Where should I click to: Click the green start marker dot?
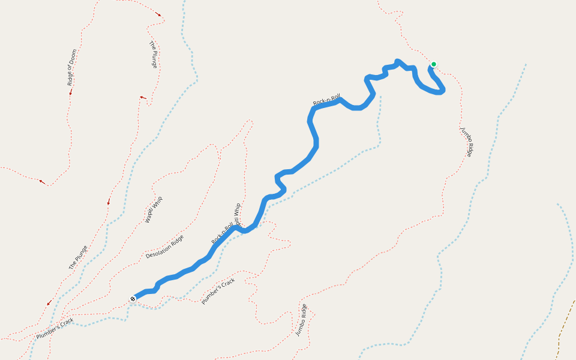pyautogui.click(x=434, y=64)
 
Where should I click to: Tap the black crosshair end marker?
pyautogui.click(x=133, y=298)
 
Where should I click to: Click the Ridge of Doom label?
pyautogui.click(x=72, y=67)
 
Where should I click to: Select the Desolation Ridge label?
pyautogui.click(x=164, y=247)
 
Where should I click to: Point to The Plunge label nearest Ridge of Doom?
pyautogui.click(x=153, y=54)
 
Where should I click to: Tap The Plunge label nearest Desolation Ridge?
pyautogui.click(x=78, y=257)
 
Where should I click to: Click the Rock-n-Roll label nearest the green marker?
pyautogui.click(x=326, y=100)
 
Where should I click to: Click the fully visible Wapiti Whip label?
pyautogui.click(x=154, y=210)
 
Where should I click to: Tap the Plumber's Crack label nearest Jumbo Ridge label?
pyautogui.click(x=218, y=290)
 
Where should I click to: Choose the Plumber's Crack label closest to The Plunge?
pyautogui.click(x=55, y=328)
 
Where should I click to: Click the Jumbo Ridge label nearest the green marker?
pyautogui.click(x=467, y=142)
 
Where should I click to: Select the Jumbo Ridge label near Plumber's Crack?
pyautogui.click(x=301, y=320)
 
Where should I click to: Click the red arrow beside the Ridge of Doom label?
pyautogui.click(x=70, y=92)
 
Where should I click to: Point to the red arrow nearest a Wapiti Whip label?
pyautogui.click(x=109, y=202)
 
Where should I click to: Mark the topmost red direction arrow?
pyautogui.click(x=158, y=14)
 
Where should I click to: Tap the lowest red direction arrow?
pyautogui.click(x=49, y=302)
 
